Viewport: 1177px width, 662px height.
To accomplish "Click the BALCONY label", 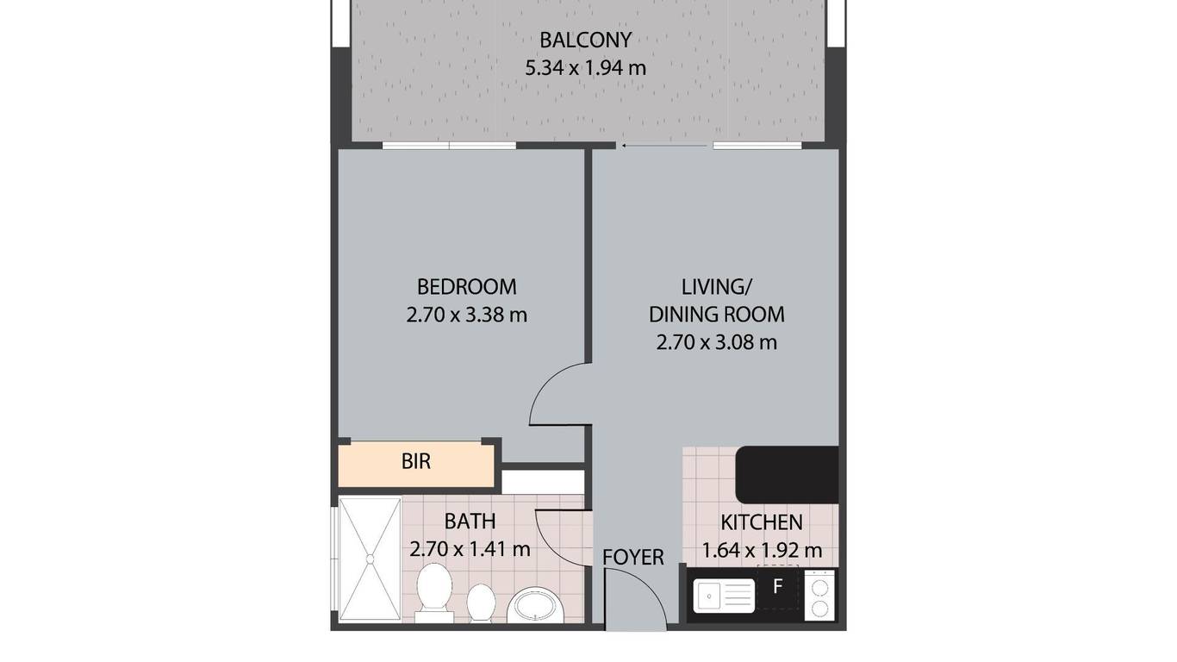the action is pyautogui.click(x=585, y=41).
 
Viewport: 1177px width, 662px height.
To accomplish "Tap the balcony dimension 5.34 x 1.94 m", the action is pyautogui.click(x=585, y=68).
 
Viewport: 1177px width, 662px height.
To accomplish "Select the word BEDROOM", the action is pyautogui.click(x=467, y=287).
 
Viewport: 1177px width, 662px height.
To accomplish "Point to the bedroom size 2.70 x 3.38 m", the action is pyautogui.click(x=467, y=315).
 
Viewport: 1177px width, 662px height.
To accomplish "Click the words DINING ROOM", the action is pyautogui.click(x=717, y=315).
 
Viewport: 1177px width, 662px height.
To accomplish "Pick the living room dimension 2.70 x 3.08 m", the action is pyautogui.click(x=717, y=342).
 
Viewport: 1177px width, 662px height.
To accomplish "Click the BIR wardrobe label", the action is pyautogui.click(x=415, y=462).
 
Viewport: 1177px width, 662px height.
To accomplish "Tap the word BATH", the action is pyautogui.click(x=470, y=521).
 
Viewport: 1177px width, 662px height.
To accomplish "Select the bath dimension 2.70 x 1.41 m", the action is pyautogui.click(x=470, y=549).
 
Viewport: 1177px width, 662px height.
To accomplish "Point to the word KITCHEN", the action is pyautogui.click(x=762, y=522).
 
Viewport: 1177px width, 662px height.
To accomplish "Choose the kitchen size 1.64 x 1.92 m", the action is pyautogui.click(x=762, y=551).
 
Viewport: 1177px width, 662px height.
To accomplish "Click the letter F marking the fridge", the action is pyautogui.click(x=778, y=586).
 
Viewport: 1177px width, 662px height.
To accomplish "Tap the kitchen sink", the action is pyautogui.click(x=724, y=596).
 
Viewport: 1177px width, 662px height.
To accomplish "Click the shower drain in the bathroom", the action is pyautogui.click(x=370, y=559).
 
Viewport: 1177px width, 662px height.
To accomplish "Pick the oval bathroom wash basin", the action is pyautogui.click(x=535, y=606).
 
